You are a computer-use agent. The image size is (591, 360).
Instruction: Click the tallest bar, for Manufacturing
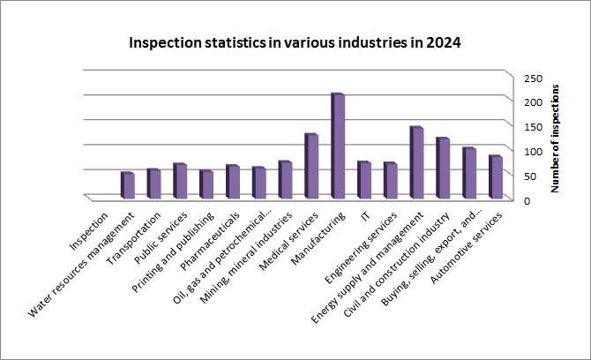336,146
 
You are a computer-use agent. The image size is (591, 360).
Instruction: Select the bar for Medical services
310,166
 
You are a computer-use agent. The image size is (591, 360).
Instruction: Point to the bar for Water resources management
127,185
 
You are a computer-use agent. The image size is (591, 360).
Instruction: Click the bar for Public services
179,181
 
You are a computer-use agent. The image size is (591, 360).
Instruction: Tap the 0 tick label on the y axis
526,201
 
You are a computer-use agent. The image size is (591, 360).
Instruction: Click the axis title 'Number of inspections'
557,138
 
